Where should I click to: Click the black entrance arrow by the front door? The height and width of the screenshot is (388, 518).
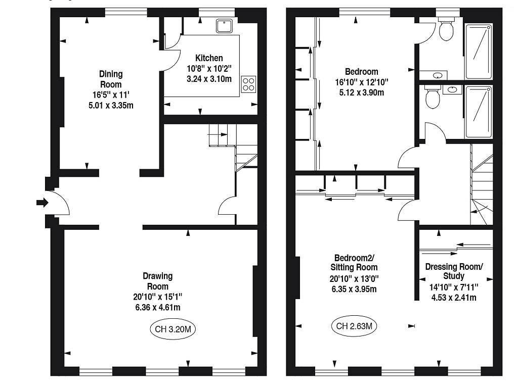tap(42, 202)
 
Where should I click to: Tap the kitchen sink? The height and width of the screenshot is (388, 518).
tap(224, 26)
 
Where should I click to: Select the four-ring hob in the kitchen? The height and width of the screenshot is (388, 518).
tap(248, 84)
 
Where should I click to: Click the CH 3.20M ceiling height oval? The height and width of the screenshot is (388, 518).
tap(173, 329)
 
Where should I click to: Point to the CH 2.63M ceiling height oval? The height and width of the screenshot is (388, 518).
tap(354, 326)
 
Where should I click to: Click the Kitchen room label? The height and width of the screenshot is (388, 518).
tap(209, 58)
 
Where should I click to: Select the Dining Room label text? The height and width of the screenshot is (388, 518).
tap(111, 79)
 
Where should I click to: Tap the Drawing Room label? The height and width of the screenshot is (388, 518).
tap(158, 281)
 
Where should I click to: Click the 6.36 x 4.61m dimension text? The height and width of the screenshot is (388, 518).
tap(158, 308)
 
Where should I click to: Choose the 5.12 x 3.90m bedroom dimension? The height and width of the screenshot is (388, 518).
tap(361, 93)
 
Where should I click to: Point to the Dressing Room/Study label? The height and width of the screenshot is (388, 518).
tap(454, 271)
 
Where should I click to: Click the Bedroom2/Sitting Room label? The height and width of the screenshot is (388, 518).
tap(354, 262)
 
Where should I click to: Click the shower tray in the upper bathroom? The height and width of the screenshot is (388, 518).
tap(479, 51)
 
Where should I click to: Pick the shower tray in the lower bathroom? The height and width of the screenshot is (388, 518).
tap(479, 112)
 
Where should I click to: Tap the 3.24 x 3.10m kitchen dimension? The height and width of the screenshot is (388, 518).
tap(209, 79)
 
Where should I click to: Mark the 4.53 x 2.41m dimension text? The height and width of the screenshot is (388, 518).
tap(454, 298)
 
